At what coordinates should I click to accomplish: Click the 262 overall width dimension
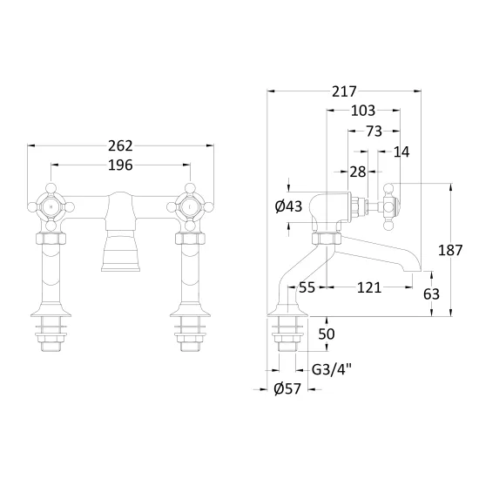tap(120, 145)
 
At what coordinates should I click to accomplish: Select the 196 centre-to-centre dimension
tap(120, 165)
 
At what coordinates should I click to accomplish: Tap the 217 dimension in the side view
tap(344, 91)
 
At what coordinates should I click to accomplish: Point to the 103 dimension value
tap(363, 111)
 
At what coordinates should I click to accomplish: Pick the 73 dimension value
tap(374, 132)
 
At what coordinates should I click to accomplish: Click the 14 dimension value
tap(401, 152)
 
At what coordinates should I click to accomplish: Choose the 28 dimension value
tap(358, 172)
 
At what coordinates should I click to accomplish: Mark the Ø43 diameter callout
tap(288, 206)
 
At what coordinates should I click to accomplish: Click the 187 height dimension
tap(450, 250)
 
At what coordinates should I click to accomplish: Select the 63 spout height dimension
tap(431, 294)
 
